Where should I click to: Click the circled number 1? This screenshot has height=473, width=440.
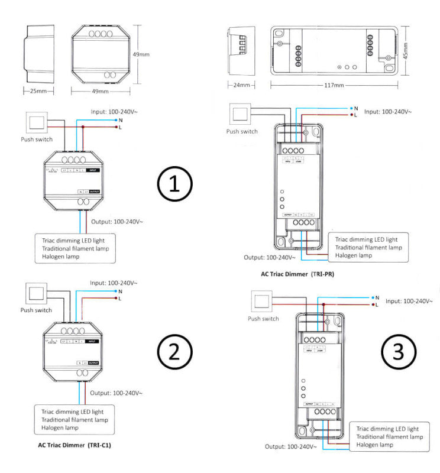tap(174, 185)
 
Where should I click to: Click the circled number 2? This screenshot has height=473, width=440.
tap(174, 352)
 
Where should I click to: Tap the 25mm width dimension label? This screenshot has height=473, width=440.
tap(38, 91)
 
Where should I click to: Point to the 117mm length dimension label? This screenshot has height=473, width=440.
tap(334, 85)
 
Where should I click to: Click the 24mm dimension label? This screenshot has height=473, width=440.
tap(241, 85)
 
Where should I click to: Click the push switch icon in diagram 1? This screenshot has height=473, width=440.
tap(37, 124)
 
